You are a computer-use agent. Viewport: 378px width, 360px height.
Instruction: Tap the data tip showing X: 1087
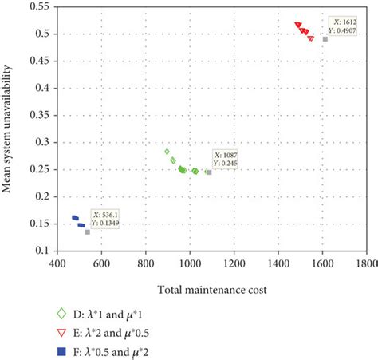226,158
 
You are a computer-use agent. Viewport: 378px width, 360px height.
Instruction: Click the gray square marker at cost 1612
325,39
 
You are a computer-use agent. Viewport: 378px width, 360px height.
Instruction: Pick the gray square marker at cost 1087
209,172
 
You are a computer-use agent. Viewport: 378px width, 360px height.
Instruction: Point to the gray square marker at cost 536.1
87,232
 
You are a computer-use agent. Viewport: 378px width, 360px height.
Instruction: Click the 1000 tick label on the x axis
189,261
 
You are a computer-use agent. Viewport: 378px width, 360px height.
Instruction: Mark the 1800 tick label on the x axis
366,261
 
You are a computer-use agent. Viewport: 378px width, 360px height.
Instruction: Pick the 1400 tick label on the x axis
278,261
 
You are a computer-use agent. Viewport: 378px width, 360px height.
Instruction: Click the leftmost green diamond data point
167,151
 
